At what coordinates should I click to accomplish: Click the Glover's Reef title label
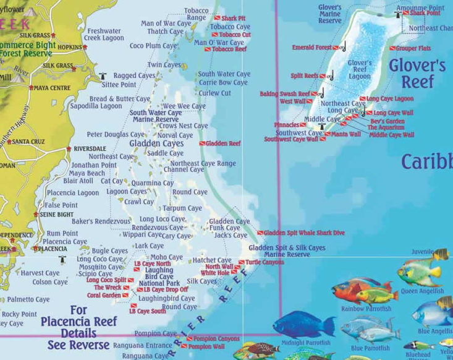pyautogui.click(x=417, y=73)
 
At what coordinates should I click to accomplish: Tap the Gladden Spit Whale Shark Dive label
pyautogui.click(x=303, y=233)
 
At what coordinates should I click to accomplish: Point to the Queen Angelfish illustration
pyautogui.click(x=420, y=272)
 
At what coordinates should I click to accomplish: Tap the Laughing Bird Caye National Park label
pyautogui.click(x=159, y=276)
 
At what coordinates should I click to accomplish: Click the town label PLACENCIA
pyautogui.click(x=53, y=249)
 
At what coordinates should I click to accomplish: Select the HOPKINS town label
pyautogui.click(x=69, y=47)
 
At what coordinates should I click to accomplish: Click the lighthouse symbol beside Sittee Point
pyautogui.click(x=103, y=76)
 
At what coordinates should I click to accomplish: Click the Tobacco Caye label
pyautogui.click(x=230, y=27)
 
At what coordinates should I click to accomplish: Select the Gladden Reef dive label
pyautogui.click(x=223, y=144)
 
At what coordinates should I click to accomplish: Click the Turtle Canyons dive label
pyautogui.click(x=265, y=262)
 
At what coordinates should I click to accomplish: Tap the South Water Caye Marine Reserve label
pyautogui.click(x=156, y=116)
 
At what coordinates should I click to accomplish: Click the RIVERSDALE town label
pyautogui.click(x=90, y=149)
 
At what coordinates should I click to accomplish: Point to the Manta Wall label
pyautogui.click(x=346, y=134)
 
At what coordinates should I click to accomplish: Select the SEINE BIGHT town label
pyautogui.click(x=57, y=215)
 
